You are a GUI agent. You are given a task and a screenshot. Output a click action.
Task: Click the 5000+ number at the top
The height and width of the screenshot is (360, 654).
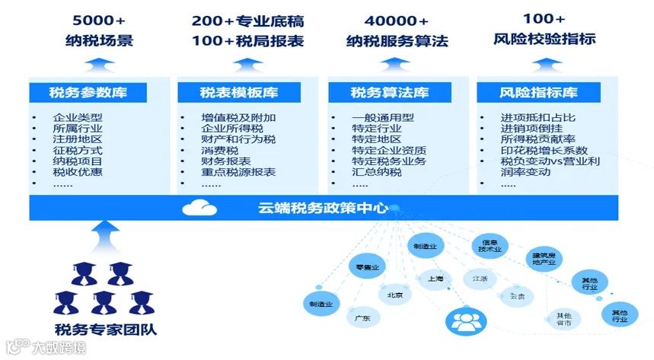[99, 19]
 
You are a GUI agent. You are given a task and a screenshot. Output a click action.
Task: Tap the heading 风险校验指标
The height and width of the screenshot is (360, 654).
[544, 39]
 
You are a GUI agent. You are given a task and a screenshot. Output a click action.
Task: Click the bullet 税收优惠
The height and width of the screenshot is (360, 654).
[78, 172]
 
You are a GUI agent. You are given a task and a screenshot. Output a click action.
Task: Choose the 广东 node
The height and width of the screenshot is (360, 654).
[362, 318]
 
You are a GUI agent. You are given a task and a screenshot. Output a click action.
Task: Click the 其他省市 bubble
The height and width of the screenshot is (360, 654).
[563, 319]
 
